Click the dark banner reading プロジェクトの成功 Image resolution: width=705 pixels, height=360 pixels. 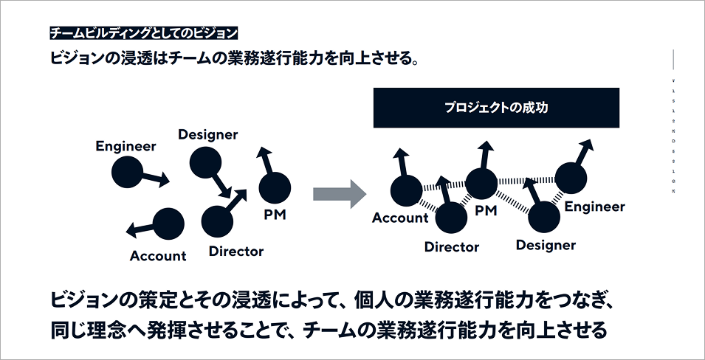495,108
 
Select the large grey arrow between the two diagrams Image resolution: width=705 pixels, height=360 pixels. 339,194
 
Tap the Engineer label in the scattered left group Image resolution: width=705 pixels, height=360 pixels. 125,146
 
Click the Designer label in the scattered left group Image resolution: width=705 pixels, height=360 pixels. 207,134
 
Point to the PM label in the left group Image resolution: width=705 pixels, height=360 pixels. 275,215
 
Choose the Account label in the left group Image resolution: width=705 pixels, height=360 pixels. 158,256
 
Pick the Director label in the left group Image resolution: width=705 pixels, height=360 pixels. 235,252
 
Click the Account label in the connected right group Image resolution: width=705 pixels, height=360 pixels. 400,218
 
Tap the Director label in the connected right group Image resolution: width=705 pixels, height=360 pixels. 451,247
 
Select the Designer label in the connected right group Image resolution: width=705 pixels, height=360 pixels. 546,245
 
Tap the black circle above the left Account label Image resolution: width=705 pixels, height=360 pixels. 168,223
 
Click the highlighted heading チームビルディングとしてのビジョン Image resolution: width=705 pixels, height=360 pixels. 144,33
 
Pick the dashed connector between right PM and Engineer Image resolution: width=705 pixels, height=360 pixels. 526,180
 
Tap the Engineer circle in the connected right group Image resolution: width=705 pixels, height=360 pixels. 570,178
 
